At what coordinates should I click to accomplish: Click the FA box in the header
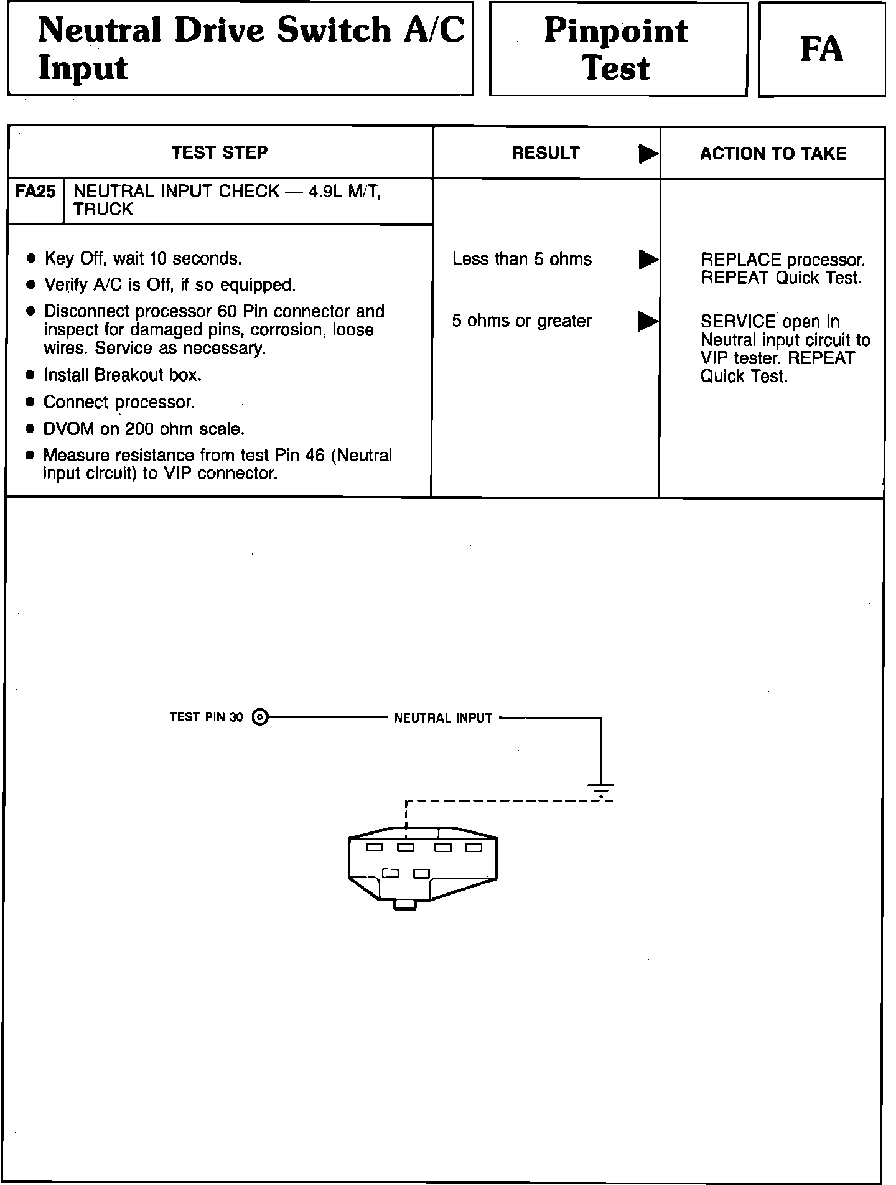821,49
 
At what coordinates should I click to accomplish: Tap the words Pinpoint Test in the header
617,49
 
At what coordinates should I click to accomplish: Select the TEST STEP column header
220,152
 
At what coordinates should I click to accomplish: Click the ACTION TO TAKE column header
773,154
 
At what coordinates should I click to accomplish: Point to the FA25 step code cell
35,192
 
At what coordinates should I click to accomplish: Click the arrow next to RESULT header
648,154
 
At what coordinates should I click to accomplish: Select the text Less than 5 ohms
522,259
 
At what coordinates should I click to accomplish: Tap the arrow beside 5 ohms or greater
648,321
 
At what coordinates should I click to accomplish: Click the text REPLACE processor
783,260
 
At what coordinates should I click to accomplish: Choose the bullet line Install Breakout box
122,375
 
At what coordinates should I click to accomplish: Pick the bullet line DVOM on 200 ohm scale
144,429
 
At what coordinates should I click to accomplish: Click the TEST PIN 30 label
206,717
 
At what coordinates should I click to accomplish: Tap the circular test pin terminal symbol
261,718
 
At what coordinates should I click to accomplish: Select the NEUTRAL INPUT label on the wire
443,718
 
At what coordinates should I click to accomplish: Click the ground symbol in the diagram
600,790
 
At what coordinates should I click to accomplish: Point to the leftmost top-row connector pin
374,847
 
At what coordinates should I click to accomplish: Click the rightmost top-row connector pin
474,847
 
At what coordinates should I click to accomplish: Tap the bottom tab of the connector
405,904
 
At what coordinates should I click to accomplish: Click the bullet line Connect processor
119,403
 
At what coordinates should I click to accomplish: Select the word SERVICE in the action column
738,322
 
